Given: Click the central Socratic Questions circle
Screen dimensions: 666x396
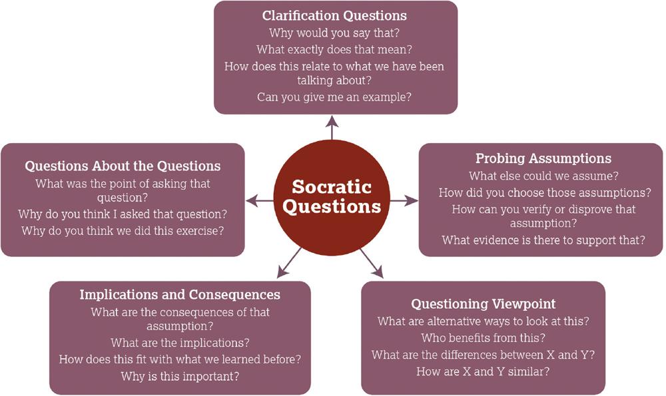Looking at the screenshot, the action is point(332,198).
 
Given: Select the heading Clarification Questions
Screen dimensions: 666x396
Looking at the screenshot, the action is point(334,16).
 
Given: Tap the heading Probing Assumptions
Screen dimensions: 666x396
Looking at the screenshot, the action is point(543,158).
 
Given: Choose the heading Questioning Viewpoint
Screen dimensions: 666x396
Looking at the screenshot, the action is point(484,304).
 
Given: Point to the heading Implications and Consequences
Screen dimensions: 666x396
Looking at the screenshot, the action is point(180,295).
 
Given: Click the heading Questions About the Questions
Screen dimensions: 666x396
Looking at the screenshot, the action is point(123,166).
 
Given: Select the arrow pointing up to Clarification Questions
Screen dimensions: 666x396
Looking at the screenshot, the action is point(332,127).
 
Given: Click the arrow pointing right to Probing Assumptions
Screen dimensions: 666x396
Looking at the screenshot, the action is point(404,201).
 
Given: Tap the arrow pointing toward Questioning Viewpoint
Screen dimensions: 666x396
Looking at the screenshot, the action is point(372,264).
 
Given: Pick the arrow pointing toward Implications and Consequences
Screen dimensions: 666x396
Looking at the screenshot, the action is point(289,263).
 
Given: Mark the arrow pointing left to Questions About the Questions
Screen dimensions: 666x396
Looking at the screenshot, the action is point(260,200).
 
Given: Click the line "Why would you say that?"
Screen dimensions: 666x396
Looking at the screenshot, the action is point(334,33).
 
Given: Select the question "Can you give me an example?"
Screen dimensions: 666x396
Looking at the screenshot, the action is point(334,97).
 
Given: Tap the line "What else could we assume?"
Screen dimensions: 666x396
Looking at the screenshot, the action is point(543,176).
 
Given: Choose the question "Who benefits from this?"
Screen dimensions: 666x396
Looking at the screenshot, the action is point(484,338).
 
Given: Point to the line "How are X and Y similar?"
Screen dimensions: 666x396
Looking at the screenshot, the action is point(483,372).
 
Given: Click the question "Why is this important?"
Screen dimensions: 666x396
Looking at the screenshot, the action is point(180,377).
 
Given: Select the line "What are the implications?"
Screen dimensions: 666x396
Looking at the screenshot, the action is point(180,343).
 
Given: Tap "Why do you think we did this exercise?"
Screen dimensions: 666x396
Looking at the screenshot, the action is point(123,231).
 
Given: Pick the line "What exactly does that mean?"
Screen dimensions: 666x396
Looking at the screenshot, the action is point(334,50).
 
